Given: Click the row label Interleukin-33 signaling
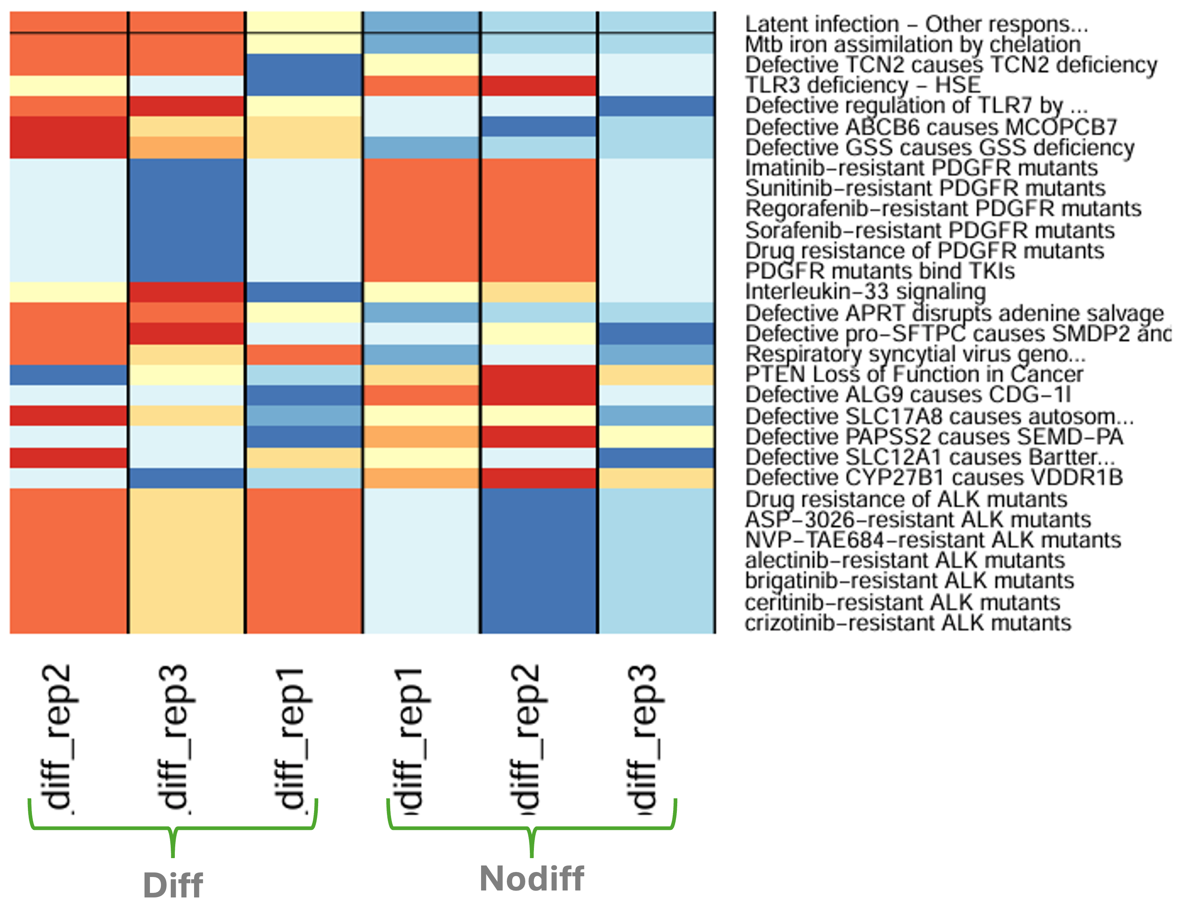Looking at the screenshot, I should click(x=865, y=292).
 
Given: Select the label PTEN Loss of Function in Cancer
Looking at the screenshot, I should click(x=913, y=374).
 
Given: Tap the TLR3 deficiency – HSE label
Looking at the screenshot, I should click(x=862, y=85).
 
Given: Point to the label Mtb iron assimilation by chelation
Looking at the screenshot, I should click(x=912, y=44).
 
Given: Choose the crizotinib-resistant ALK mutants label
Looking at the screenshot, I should click(x=907, y=623).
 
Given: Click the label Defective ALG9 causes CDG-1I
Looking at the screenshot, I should click(x=907, y=394).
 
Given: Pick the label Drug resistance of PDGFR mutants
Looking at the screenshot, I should click(x=924, y=251).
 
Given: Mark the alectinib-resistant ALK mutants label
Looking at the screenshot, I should click(x=904, y=560).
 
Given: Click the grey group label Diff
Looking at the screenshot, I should click(x=173, y=885).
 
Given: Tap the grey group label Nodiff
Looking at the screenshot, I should click(x=531, y=879).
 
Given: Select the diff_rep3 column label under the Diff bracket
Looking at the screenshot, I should click(x=175, y=737).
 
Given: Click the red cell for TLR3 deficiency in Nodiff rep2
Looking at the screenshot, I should click(x=538, y=86).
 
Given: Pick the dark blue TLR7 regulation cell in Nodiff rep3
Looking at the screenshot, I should click(x=656, y=106).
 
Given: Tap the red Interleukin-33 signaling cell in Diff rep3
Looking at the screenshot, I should click(x=187, y=292).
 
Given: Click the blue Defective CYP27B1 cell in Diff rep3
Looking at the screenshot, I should click(x=187, y=478).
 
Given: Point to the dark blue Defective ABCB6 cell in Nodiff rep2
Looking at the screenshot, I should click(x=538, y=127).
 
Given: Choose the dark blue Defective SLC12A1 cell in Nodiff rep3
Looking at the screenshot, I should click(x=656, y=458).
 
